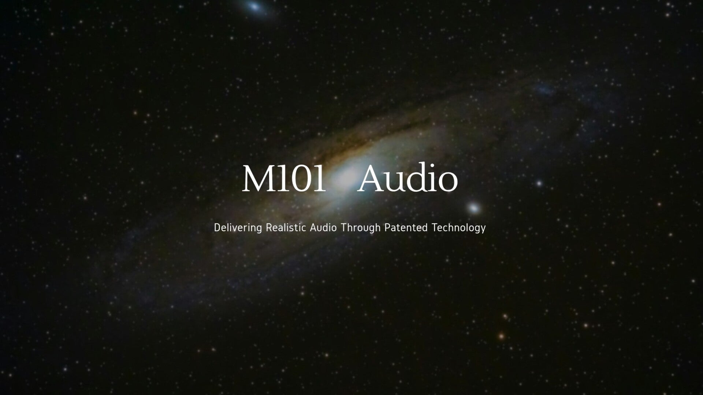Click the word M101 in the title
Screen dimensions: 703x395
click(x=284, y=178)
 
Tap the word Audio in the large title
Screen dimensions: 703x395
click(x=408, y=178)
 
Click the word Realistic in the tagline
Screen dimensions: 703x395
click(x=286, y=227)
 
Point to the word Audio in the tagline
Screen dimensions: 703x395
click(x=323, y=227)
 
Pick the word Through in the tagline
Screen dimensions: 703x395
click(x=361, y=228)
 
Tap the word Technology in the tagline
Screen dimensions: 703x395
click(x=459, y=228)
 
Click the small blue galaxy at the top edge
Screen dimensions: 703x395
click(x=254, y=6)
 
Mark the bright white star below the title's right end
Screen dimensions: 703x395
click(x=474, y=208)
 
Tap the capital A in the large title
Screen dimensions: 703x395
click(x=372, y=178)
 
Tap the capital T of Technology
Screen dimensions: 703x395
click(x=435, y=227)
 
